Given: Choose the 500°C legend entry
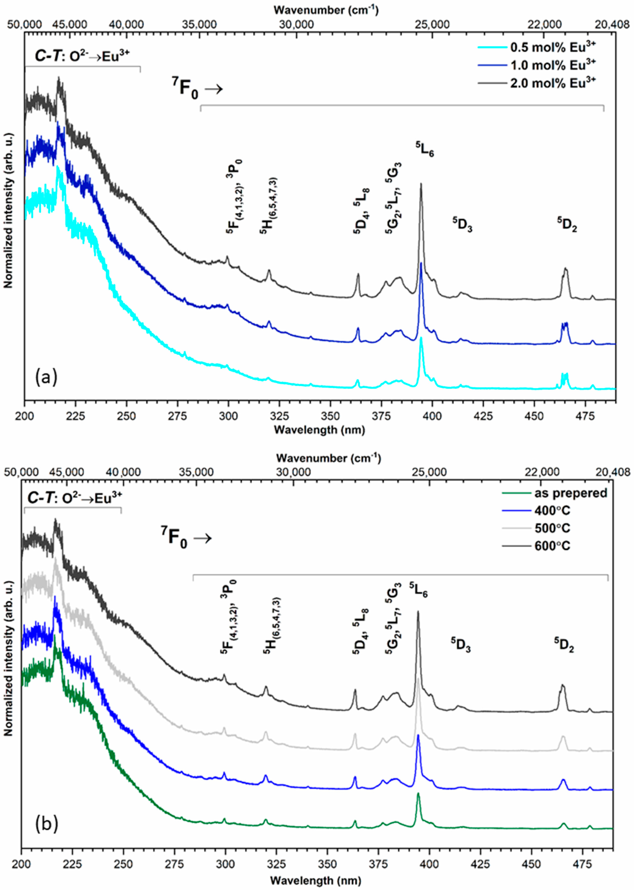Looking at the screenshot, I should [x=552, y=528].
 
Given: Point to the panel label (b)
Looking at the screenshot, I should [x=46, y=824].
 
